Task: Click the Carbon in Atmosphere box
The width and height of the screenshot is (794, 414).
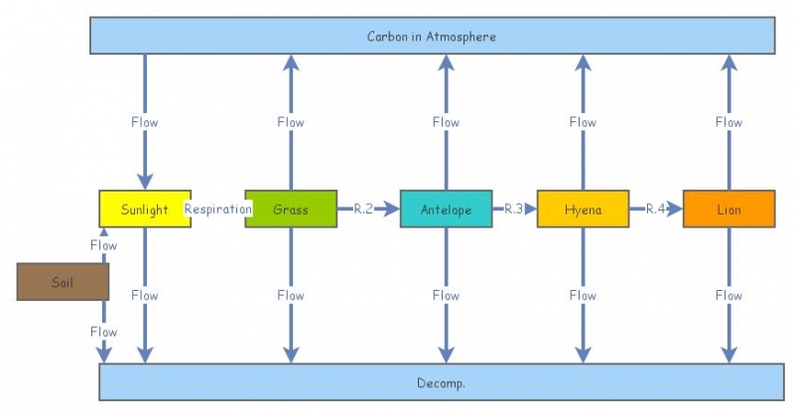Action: click(432, 36)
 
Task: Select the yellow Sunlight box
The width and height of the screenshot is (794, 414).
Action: click(145, 209)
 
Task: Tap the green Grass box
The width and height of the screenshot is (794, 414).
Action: click(291, 209)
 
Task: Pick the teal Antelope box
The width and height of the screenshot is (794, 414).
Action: click(446, 209)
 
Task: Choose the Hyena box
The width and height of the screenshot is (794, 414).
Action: click(583, 209)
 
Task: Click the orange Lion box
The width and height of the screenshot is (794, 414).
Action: click(728, 209)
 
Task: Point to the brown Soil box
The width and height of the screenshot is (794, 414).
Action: click(63, 282)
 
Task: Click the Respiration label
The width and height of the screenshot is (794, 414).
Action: click(217, 209)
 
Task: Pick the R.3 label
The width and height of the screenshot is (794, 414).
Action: click(513, 209)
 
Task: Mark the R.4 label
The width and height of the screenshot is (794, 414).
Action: click(656, 209)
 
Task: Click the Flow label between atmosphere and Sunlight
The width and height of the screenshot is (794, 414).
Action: click(145, 122)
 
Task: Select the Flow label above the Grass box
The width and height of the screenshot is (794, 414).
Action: click(291, 122)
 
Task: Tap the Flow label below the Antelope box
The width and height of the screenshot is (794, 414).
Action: click(446, 295)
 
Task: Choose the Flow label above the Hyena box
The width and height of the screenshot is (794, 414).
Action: click(583, 122)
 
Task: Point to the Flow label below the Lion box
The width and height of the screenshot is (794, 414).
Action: click(728, 295)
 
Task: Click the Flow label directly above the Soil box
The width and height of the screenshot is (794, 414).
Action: click(103, 245)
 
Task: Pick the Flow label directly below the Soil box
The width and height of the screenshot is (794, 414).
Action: click(103, 332)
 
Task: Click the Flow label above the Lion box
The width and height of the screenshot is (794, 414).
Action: click(728, 122)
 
